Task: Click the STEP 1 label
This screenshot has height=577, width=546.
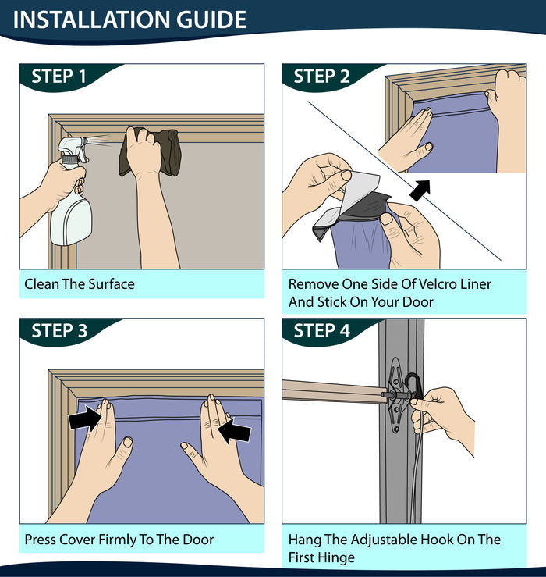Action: pos(58,77)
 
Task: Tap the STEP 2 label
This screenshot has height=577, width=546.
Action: pos(321,77)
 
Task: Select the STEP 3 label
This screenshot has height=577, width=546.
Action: pos(59,331)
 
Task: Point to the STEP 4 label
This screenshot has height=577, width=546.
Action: pos(321,331)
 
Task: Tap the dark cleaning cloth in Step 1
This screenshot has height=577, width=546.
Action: pos(150,151)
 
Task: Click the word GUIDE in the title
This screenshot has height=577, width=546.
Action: pos(211,20)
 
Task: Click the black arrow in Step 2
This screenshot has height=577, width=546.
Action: pos(420,191)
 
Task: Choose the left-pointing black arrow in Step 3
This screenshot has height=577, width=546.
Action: pos(234,429)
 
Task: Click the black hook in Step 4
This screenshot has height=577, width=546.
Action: pos(413,386)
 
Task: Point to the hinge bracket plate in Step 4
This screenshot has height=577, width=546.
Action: pos(395,395)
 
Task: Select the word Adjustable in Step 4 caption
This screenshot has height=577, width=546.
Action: pos(384,540)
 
